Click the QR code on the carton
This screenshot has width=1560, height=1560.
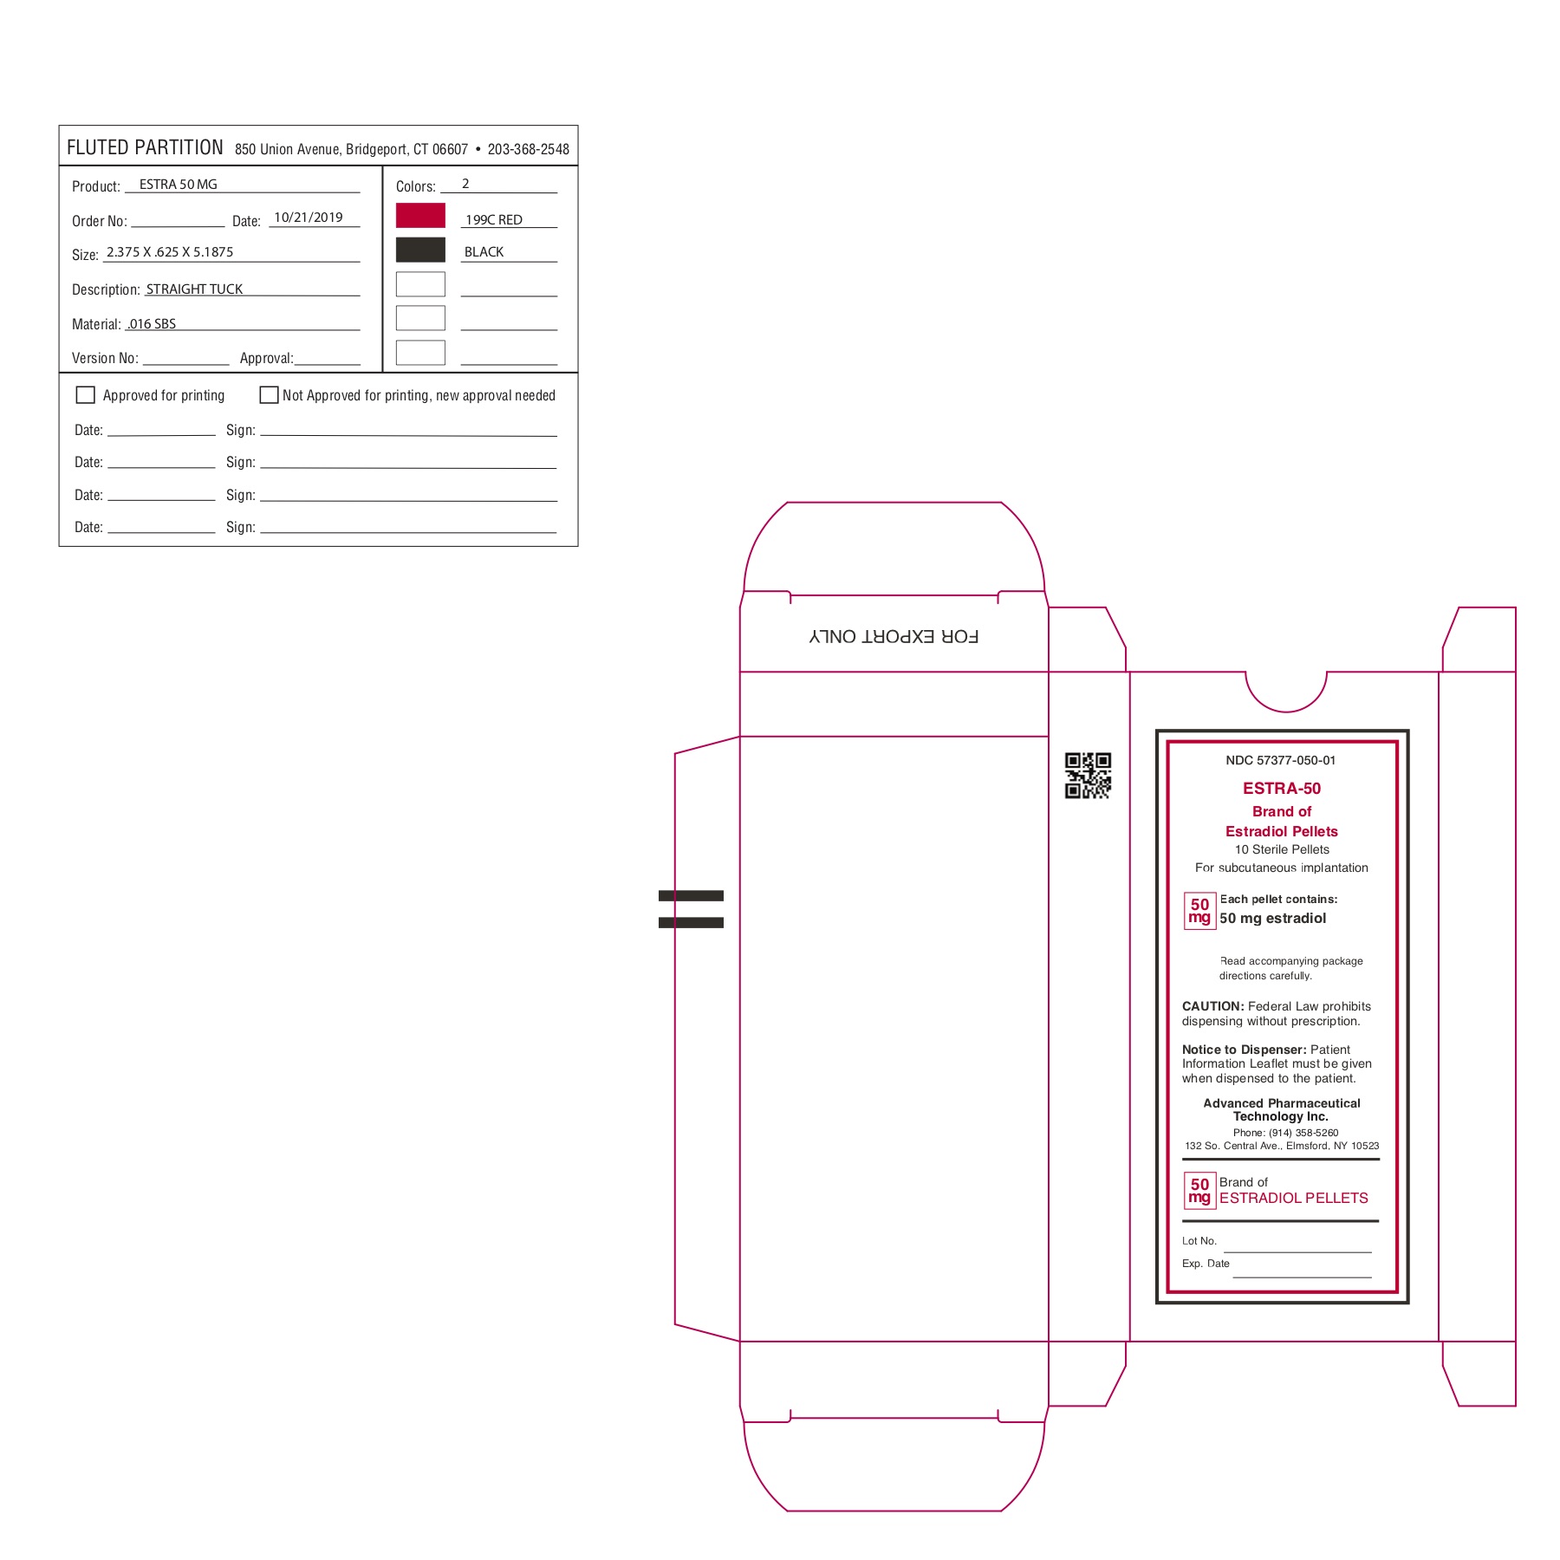(1088, 776)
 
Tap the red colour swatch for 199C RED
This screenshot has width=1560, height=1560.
(420, 216)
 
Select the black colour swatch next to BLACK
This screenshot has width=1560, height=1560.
(420, 250)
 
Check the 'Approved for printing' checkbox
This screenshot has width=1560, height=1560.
(86, 395)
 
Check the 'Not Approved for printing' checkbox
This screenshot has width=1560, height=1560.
(269, 395)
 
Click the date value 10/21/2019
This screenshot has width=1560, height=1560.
(309, 218)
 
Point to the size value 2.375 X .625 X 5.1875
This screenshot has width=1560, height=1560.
(170, 252)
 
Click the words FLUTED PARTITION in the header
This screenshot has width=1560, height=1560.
(145, 147)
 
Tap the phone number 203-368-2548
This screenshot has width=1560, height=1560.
(529, 149)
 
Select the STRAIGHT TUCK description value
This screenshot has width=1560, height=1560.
(194, 289)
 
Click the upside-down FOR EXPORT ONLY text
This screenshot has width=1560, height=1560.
(894, 636)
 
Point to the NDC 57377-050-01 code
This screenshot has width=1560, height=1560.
(1281, 760)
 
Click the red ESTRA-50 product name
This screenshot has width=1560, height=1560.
(1282, 789)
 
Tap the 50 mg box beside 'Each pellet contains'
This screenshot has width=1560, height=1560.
(1200, 911)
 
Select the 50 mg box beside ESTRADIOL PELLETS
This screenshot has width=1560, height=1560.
(1200, 1191)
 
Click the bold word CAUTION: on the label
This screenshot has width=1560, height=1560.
(1213, 1006)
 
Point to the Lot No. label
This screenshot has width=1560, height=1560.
(1199, 1241)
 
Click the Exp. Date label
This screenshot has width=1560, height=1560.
(1206, 1264)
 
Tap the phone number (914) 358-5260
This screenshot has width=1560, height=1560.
(1286, 1133)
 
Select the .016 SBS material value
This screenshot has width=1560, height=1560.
(152, 324)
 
